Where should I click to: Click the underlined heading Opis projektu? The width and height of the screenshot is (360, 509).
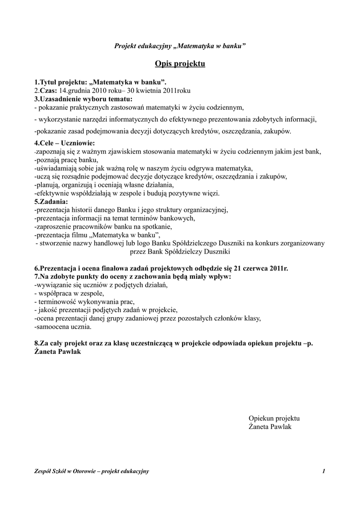[x=180, y=64]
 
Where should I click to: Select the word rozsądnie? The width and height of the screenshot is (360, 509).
[x=71, y=176]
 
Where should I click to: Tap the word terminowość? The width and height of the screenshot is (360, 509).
[x=57, y=302]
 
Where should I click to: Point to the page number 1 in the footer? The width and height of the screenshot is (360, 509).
[x=323, y=471]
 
